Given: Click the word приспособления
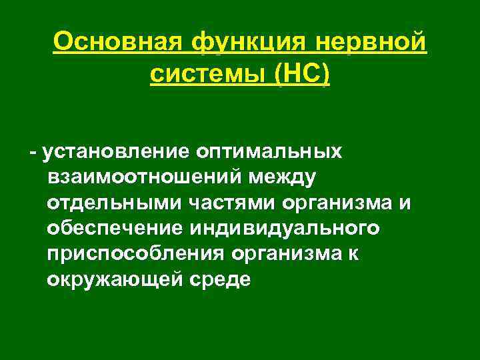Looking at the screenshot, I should (136, 254).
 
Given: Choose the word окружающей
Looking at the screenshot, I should (111, 279).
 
